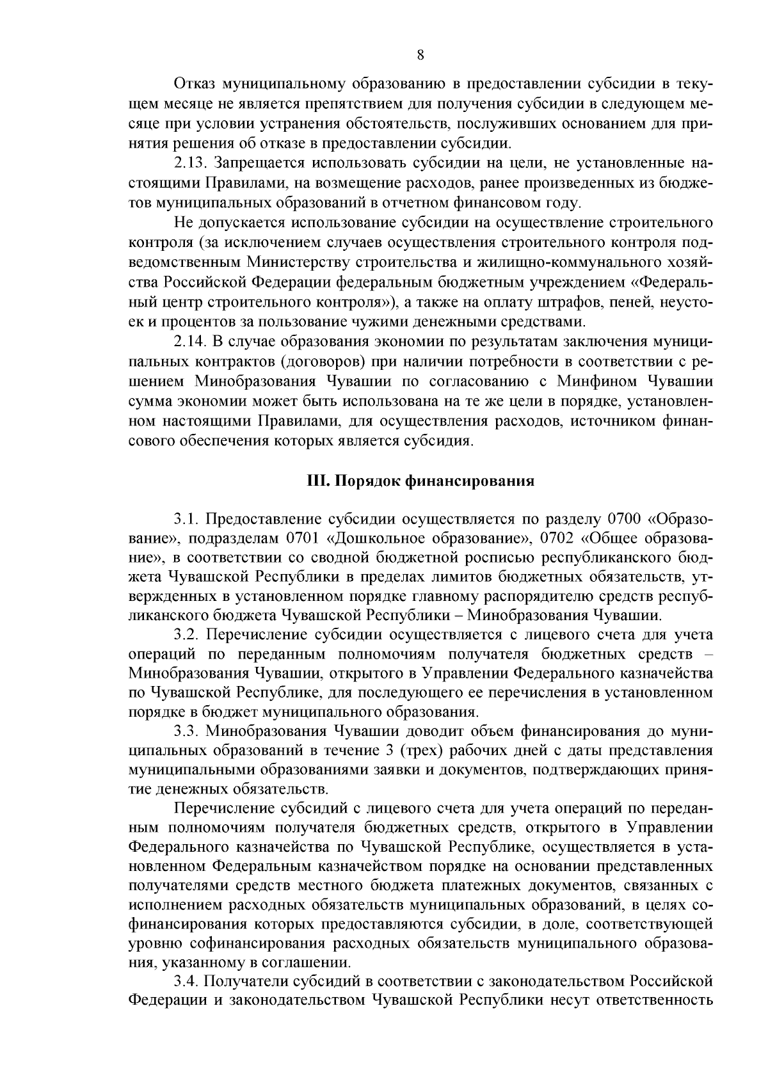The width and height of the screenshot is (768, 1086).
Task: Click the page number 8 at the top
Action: point(420,55)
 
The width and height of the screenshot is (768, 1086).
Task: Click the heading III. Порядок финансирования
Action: point(419,481)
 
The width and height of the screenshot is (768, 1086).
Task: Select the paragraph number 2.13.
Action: point(194,164)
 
